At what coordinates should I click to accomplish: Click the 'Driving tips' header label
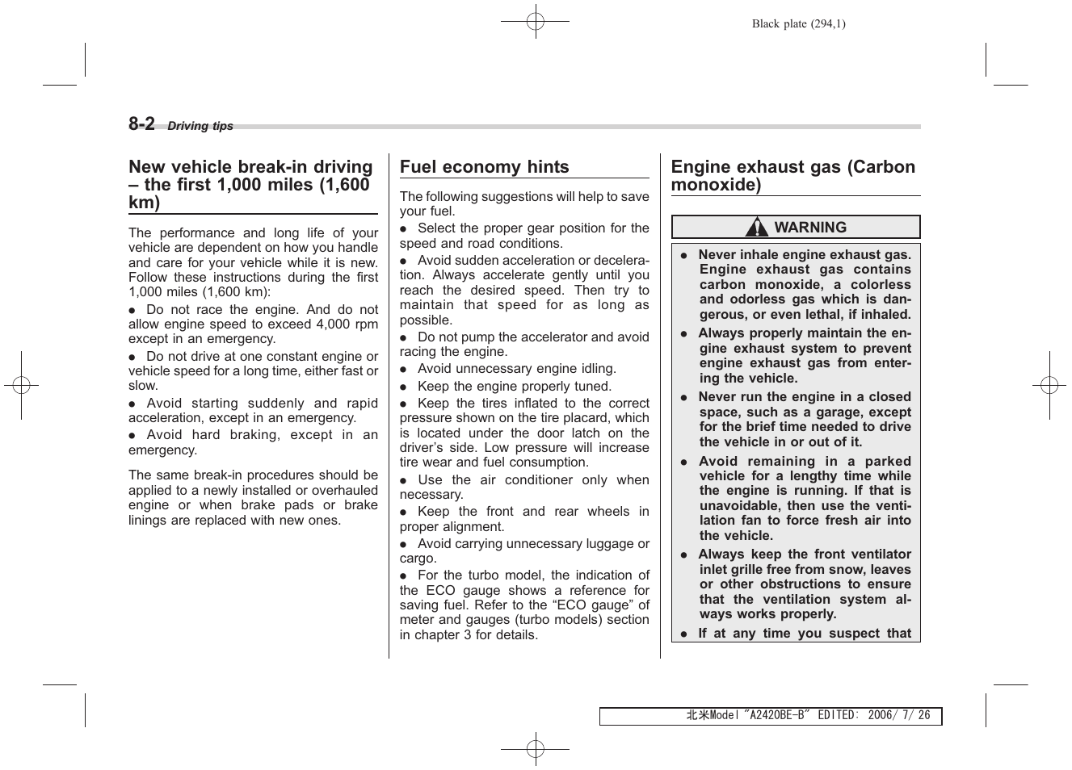coord(200,126)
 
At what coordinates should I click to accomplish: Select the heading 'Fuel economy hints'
coord(484,167)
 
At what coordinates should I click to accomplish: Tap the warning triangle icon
coord(757,228)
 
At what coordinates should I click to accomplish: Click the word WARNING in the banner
coord(810,228)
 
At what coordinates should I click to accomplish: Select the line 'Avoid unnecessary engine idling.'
coord(516,369)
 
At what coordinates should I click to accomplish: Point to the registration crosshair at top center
coord(535,22)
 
